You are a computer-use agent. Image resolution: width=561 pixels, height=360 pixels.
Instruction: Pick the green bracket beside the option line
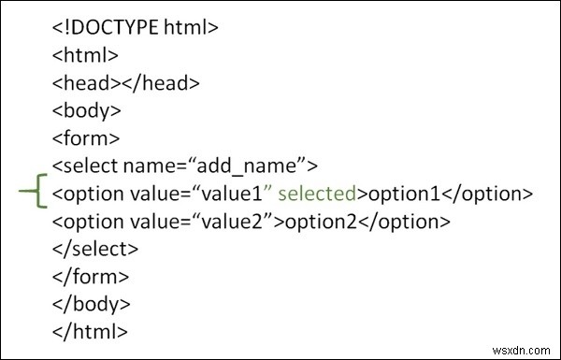(x=33, y=194)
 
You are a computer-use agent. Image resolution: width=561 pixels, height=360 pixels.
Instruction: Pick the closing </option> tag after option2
(x=405, y=222)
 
